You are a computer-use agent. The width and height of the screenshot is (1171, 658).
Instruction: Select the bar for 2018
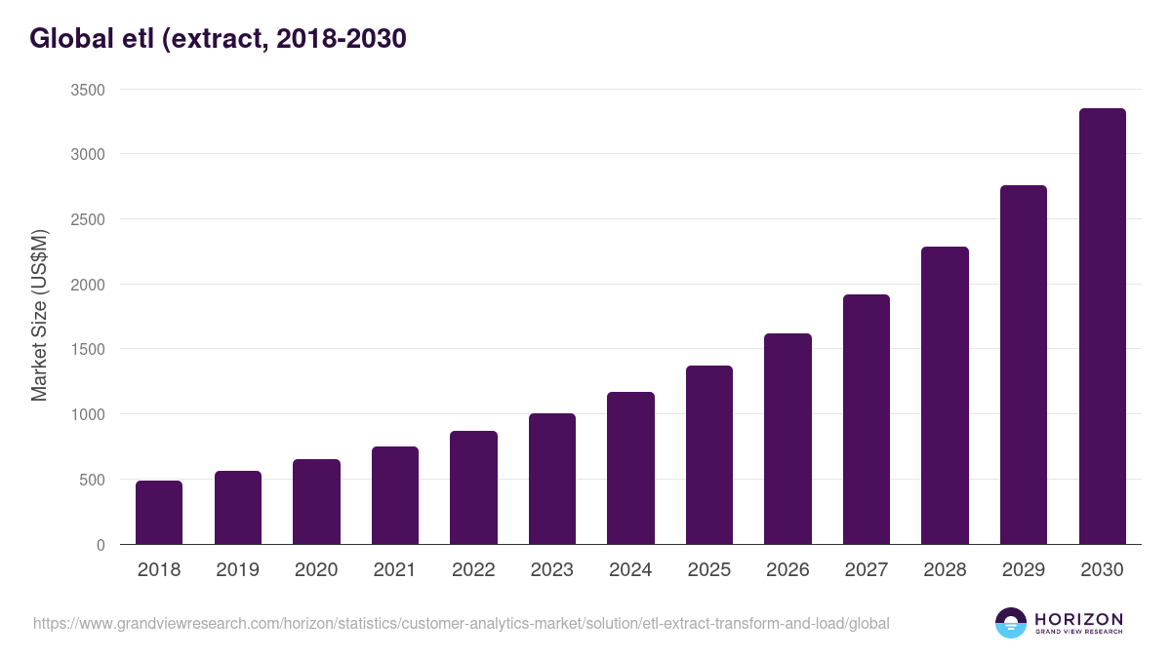coord(159,512)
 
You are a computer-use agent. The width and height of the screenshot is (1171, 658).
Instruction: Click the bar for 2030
coord(1102,327)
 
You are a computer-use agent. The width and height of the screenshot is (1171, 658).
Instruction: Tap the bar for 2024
coord(630,468)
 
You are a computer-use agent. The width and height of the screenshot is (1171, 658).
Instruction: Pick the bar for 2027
coord(867,419)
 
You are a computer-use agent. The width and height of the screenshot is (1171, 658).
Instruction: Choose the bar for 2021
coord(395,495)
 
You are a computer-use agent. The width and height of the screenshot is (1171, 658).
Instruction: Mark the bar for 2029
coord(1024,365)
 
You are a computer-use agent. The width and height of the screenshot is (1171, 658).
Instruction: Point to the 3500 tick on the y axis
coord(87,90)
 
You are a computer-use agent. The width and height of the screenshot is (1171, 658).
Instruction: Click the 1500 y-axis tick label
coord(87,350)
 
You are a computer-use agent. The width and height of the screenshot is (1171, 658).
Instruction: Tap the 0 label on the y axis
coord(101,545)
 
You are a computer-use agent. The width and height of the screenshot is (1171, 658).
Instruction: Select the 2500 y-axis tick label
coord(87,219)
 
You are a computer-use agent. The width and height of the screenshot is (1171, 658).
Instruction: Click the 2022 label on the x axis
coord(473,570)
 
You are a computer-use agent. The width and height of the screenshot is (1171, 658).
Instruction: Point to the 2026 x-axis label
coord(787,570)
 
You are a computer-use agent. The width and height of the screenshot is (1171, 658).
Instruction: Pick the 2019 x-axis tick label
coord(237,570)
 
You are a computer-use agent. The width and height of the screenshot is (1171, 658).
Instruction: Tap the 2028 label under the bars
coord(945,570)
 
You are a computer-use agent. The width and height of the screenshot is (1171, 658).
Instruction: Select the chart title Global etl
coord(218,39)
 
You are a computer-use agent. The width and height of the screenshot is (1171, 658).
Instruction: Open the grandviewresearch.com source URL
coord(462,623)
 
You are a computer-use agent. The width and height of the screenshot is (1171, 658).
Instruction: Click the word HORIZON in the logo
coord(1078,619)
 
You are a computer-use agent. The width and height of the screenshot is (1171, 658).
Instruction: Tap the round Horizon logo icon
coord(1010,623)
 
